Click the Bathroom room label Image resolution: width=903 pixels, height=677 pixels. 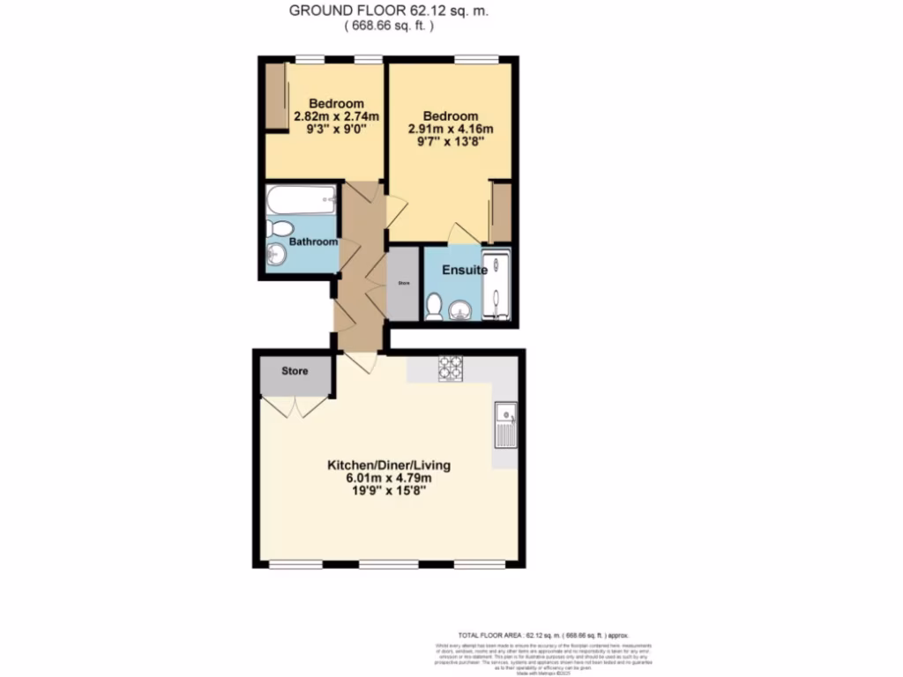(314, 242)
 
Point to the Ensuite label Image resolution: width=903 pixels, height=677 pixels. (465, 270)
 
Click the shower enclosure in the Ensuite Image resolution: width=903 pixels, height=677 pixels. (496, 284)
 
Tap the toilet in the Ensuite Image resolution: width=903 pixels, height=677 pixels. (433, 306)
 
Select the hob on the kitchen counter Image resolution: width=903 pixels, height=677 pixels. (451, 368)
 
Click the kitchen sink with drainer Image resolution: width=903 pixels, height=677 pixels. (505, 424)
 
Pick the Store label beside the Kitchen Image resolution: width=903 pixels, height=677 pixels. (295, 371)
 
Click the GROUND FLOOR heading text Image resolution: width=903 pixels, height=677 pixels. (389, 11)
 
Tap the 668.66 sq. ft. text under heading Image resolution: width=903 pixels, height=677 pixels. (389, 26)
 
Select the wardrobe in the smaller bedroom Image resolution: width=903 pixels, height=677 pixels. (275, 97)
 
